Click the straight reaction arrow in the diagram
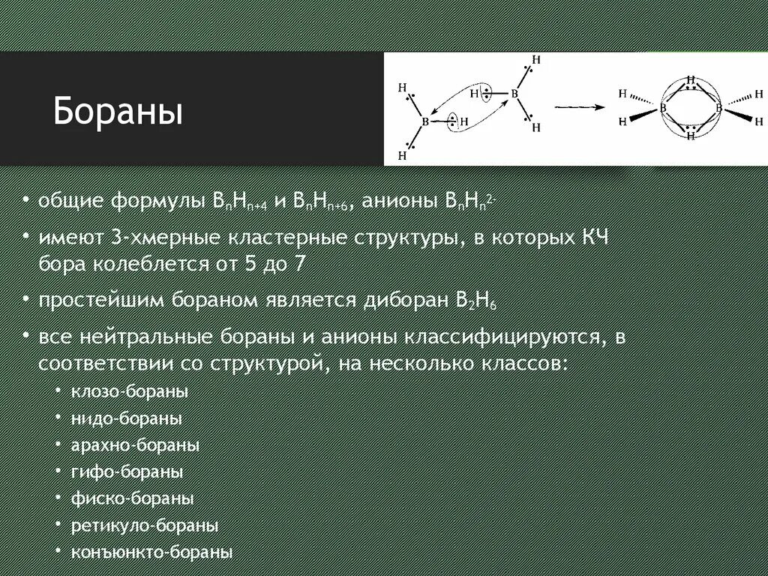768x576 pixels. [579, 107]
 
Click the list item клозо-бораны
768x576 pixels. [130, 391]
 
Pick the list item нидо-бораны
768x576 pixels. [127, 418]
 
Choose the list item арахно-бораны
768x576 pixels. [135, 445]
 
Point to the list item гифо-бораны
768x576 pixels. [127, 472]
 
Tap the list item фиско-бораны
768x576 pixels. [133, 498]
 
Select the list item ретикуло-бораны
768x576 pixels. [145, 525]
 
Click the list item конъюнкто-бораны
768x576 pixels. [151, 552]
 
